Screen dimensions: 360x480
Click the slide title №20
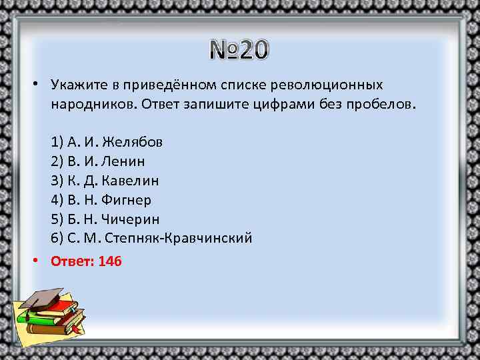[x=239, y=49]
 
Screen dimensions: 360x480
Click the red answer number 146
[x=110, y=261]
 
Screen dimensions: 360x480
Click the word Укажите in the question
[x=75, y=86]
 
